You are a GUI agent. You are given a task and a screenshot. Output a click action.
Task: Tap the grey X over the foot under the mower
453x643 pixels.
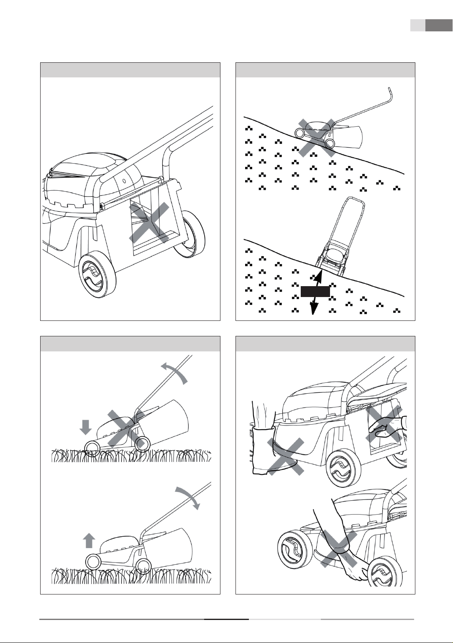point(286,456)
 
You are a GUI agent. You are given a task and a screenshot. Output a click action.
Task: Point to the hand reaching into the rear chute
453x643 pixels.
point(385,428)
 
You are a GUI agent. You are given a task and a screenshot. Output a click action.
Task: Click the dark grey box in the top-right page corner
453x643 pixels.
point(436,25)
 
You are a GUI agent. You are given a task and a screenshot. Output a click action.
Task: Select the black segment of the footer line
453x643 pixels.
point(226,619)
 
